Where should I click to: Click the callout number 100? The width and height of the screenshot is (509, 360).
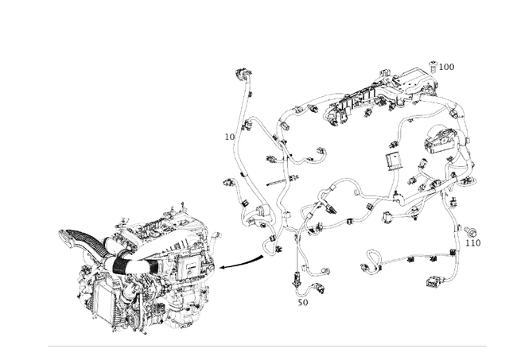pyautogui.click(x=446, y=68)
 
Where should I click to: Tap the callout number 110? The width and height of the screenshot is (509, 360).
pyautogui.click(x=472, y=243)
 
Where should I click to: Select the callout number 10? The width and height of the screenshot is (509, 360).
pyautogui.click(x=229, y=137)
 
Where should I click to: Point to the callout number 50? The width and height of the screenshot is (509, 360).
pyautogui.click(x=303, y=302)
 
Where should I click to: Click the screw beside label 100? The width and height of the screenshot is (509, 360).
pyautogui.click(x=433, y=66)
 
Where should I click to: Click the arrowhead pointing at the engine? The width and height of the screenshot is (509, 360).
pyautogui.click(x=223, y=267)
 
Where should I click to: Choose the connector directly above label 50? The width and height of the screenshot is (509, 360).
pyautogui.click(x=297, y=279)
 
